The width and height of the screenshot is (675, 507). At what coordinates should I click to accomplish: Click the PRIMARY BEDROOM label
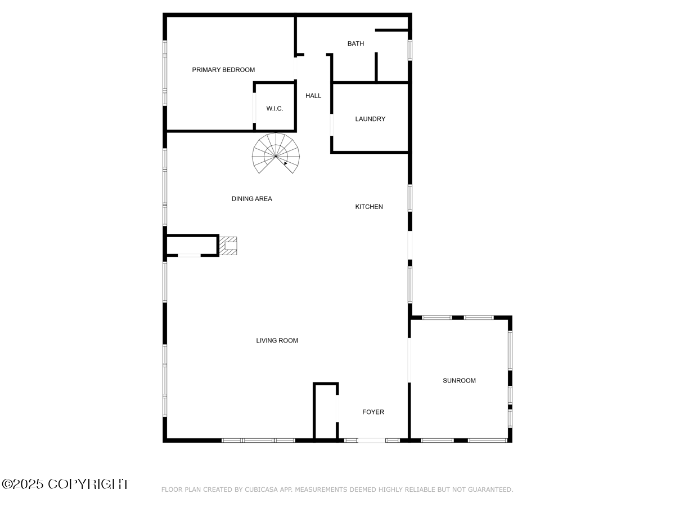(x=223, y=70)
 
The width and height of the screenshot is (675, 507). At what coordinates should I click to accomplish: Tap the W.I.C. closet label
(x=274, y=108)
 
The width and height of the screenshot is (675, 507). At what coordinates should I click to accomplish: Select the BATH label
(x=355, y=44)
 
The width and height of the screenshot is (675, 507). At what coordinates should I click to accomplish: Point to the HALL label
(x=313, y=96)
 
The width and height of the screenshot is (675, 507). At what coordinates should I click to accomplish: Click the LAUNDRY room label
(x=370, y=119)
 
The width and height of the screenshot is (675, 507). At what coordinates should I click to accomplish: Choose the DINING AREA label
(x=251, y=199)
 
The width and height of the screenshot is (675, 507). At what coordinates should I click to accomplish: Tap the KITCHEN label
(x=368, y=207)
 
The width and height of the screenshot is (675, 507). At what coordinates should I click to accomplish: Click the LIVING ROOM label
(x=277, y=340)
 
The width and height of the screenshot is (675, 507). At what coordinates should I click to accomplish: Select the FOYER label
(x=373, y=412)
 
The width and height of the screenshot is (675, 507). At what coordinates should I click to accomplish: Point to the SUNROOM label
(x=459, y=380)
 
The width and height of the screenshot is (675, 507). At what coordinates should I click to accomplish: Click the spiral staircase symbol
(x=276, y=153)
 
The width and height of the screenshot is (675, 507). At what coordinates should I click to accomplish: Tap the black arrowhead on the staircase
(x=285, y=163)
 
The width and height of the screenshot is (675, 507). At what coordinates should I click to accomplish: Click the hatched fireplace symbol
(x=228, y=246)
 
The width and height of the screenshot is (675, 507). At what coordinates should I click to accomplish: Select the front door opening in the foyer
(x=371, y=441)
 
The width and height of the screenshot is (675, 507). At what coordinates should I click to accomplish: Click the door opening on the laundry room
(x=331, y=124)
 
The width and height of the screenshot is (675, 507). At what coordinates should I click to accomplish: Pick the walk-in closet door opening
(x=254, y=108)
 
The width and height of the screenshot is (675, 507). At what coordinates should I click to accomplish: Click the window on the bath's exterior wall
(x=410, y=50)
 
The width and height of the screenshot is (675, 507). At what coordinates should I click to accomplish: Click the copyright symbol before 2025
(x=7, y=484)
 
